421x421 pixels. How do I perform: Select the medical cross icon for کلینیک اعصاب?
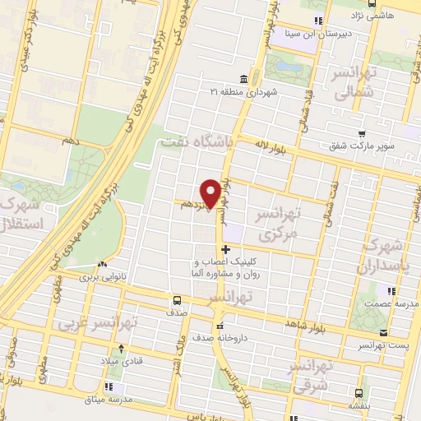[225, 249]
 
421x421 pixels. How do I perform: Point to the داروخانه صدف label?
[218, 337]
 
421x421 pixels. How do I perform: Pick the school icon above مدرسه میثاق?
[109, 386]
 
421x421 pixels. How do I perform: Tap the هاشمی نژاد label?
[395, 15]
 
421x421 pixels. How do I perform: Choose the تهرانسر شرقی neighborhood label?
[311, 374]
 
